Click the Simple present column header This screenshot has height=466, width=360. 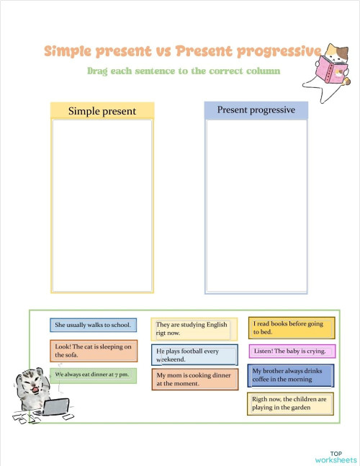coord(102,111)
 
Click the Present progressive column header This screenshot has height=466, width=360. coord(256,110)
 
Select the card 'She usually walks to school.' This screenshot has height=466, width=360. coord(93,325)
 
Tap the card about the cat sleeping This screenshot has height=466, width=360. coord(94,351)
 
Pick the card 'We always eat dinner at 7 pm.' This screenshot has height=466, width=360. coord(93,375)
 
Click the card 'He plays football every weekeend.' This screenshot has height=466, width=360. coord(194,354)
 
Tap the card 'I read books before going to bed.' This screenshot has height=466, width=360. coord(292,328)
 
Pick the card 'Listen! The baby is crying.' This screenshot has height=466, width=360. coord(292,351)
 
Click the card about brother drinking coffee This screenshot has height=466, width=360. coord(291,375)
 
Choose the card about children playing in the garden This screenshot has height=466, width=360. coord(291,403)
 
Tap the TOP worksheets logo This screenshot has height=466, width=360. coord(336,457)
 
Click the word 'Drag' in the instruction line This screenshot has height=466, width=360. coord(99,71)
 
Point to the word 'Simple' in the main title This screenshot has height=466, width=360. coord(68,51)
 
